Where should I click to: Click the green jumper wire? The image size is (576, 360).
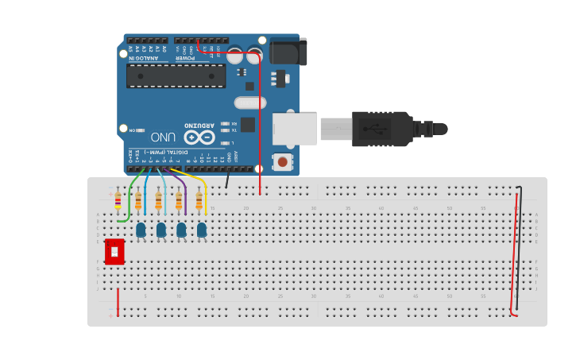[129, 199]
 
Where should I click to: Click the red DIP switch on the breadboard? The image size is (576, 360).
[114, 251]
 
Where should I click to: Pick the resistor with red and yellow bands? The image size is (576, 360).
[118, 200]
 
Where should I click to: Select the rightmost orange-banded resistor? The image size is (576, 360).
[199, 200]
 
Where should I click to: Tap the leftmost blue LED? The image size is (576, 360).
[141, 230]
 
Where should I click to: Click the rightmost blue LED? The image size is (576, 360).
[202, 230]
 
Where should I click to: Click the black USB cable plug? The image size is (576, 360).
[381, 129]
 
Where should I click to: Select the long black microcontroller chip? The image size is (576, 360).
[176, 76]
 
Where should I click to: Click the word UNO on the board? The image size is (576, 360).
[163, 137]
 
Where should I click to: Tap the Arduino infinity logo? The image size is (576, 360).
[199, 137]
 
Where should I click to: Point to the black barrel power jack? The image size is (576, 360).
[288, 52]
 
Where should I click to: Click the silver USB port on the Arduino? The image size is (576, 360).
[294, 129]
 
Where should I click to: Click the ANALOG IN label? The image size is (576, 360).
[144, 57]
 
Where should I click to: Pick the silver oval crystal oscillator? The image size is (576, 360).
[249, 103]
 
